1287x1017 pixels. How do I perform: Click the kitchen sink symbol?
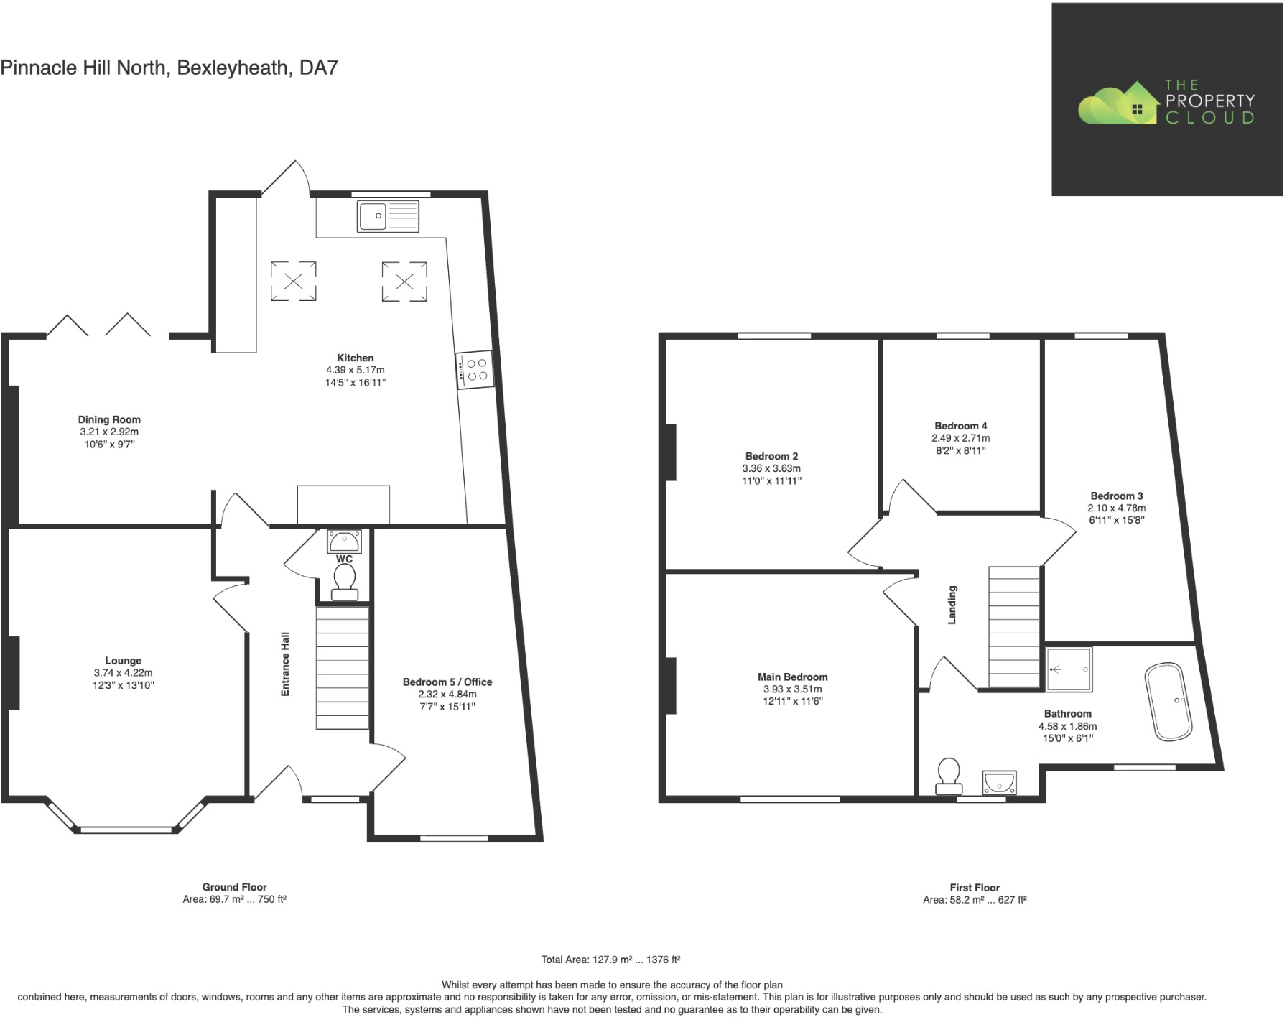click(388, 216)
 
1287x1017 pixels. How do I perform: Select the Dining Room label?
click(109, 419)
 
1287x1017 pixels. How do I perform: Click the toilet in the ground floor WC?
click(344, 581)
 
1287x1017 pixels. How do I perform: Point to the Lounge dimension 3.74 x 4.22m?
click(123, 673)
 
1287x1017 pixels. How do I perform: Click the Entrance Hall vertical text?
click(285, 664)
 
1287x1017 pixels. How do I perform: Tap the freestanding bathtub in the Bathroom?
click(1168, 701)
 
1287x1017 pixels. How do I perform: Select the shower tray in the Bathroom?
click(1069, 669)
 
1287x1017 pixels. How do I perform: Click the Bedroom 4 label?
click(960, 426)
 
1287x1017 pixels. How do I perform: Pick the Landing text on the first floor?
click(952, 604)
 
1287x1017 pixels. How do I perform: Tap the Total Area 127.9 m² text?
click(610, 960)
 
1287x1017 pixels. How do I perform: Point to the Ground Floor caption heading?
click(234, 887)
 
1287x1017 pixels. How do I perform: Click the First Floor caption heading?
click(975, 888)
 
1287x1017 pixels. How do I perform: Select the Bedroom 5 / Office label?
click(447, 682)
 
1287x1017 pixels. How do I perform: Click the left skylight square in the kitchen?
click(293, 281)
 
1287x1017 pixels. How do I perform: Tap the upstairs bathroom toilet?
click(949, 776)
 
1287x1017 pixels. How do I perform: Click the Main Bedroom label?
click(792, 677)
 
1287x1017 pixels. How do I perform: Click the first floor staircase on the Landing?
click(1013, 627)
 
